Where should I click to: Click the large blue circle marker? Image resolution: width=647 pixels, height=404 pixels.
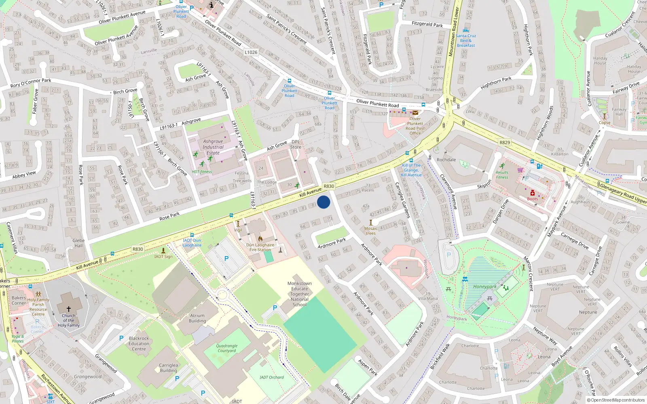pos(323,202)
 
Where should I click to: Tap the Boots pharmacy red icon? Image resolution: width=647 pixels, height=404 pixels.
pos(533,193)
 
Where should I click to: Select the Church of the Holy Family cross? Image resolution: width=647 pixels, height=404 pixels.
pos(69,309)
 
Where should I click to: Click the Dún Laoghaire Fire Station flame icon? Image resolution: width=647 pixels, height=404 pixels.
pos(260,239)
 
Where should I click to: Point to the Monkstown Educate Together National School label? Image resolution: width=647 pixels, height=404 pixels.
pos(300,294)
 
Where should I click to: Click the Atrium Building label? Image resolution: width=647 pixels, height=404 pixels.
pos(197,318)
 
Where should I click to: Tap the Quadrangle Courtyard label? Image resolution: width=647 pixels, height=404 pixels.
pos(227,348)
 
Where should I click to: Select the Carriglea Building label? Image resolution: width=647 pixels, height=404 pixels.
pos(169,368)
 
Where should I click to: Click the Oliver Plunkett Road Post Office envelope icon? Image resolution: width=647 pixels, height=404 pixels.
pos(415,113)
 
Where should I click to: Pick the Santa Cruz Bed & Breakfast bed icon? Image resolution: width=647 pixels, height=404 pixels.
pos(466,30)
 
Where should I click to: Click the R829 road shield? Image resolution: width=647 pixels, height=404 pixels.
pos(505,143)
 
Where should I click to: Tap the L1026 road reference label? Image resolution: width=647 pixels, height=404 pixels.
pos(251,52)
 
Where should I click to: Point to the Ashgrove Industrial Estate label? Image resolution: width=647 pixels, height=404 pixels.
pos(213,147)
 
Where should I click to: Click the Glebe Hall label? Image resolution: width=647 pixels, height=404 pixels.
pos(78,243)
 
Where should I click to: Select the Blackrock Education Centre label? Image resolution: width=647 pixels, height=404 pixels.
pos(139,344)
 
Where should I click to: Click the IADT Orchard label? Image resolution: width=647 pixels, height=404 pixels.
pos(272,377)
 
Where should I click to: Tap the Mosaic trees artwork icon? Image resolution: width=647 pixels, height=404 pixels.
pos(371,223)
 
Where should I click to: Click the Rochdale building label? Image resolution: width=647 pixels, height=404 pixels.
pos(446,160)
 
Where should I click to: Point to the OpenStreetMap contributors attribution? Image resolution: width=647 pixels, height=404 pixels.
pos(616,400)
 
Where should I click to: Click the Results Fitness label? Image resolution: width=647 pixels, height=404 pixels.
pos(502,175)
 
